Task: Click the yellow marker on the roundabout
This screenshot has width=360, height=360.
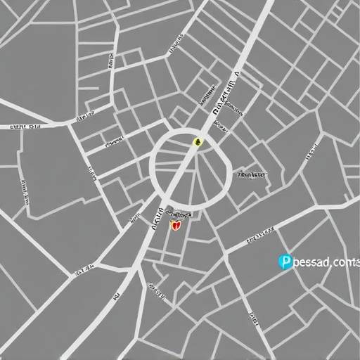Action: pyautogui.click(x=198, y=142)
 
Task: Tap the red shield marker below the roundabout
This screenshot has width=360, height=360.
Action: pyautogui.click(x=176, y=226)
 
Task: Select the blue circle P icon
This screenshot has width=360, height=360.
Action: pyautogui.click(x=285, y=262)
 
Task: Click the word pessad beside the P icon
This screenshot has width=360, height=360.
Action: pyautogui.click(x=310, y=263)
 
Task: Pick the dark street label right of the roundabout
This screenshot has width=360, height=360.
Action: pyautogui.click(x=251, y=174)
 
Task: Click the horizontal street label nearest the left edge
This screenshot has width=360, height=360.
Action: pyautogui.click(x=25, y=127)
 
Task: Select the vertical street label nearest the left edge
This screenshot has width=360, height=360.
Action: pyautogui.click(x=24, y=192)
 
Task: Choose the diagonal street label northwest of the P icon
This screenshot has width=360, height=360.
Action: pyautogui.click(x=261, y=237)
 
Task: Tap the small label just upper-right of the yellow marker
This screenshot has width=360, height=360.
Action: pyautogui.click(x=219, y=127)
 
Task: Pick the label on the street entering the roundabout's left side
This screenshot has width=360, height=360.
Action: pyautogui.click(x=112, y=143)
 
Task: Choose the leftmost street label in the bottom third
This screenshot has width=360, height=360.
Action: pyautogui.click(x=84, y=269)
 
